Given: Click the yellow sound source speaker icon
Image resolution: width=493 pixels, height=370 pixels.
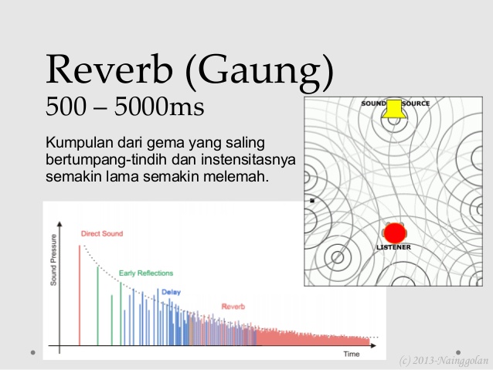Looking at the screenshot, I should pyautogui.click(x=394, y=109).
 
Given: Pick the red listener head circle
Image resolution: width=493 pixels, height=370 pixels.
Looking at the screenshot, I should pyautogui.click(x=395, y=233).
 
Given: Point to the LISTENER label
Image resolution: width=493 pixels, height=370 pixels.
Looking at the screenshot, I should pyautogui.click(x=393, y=247).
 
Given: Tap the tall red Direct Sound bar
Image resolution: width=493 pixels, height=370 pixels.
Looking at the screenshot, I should pyautogui.click(x=80, y=294).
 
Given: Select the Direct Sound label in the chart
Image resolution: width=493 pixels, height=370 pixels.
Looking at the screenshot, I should pyautogui.click(x=101, y=233).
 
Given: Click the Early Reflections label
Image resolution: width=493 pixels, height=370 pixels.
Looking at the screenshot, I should pyautogui.click(x=145, y=273).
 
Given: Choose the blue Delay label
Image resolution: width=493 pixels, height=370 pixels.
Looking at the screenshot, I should pyautogui.click(x=170, y=292).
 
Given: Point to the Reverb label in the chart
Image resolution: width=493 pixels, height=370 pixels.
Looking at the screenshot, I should pyautogui.click(x=233, y=307).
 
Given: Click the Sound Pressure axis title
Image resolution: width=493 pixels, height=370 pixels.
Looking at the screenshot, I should pyautogui.click(x=54, y=259).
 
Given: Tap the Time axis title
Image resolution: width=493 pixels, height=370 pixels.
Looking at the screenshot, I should pyautogui.click(x=352, y=354).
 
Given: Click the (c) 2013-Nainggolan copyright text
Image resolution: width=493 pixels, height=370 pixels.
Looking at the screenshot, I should pyautogui.click(x=444, y=360).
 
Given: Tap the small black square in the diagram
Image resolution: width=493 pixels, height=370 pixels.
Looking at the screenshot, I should pyautogui.click(x=312, y=201).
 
